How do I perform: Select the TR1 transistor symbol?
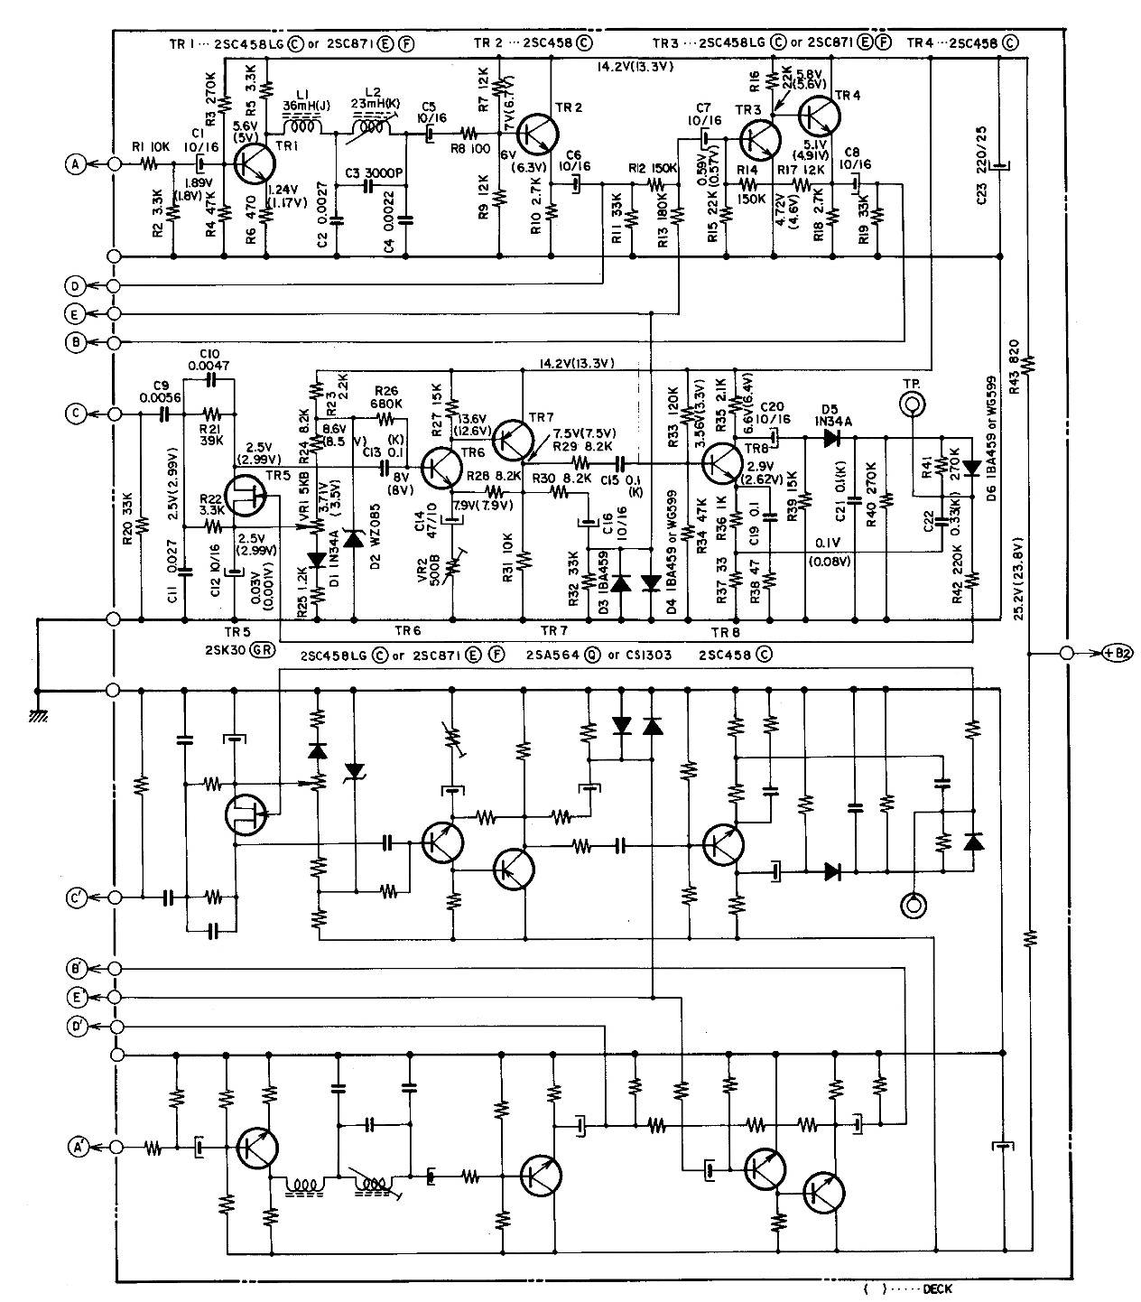(254, 163)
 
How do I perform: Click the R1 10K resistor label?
(147, 148)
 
